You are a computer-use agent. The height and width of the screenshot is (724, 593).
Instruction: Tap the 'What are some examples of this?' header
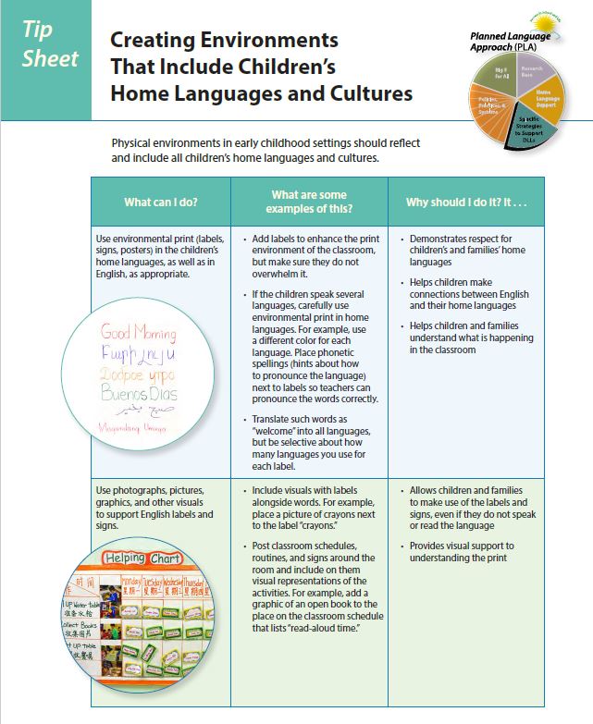click(x=309, y=202)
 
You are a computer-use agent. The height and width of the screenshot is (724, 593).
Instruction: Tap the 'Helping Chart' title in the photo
click(x=142, y=558)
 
